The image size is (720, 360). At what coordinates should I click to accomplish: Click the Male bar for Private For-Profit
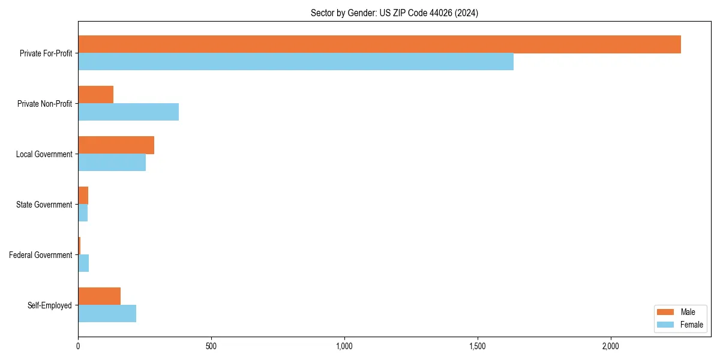point(379,44)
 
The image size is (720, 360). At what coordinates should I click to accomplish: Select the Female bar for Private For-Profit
point(296,62)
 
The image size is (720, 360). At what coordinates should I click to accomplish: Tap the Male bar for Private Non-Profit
point(96,95)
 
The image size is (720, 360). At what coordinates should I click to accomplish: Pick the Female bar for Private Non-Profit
point(128,112)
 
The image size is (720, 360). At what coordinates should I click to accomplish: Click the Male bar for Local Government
point(116,145)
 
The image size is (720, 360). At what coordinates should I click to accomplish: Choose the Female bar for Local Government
point(112,163)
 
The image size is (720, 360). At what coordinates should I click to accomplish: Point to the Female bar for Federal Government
point(83,263)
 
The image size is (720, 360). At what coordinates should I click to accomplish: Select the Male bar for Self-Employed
point(100,296)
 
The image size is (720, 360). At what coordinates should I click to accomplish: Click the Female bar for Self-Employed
point(107,314)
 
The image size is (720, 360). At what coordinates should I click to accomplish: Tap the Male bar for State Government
point(83,196)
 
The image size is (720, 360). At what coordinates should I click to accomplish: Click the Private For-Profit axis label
point(46,53)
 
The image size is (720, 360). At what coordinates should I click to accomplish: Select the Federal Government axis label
point(41,255)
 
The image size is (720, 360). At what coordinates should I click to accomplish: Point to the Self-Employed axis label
point(50,305)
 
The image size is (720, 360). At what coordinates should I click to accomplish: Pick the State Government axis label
point(44,205)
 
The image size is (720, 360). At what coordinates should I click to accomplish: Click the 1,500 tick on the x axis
point(478,347)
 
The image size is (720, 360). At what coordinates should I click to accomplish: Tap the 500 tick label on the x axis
point(211,347)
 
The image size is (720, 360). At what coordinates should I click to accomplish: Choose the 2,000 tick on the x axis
point(610,347)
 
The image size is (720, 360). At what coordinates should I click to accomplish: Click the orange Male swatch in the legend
point(666,312)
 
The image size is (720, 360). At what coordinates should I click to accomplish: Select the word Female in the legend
point(691,325)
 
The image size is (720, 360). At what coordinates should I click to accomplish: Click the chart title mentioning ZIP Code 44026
point(394,13)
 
